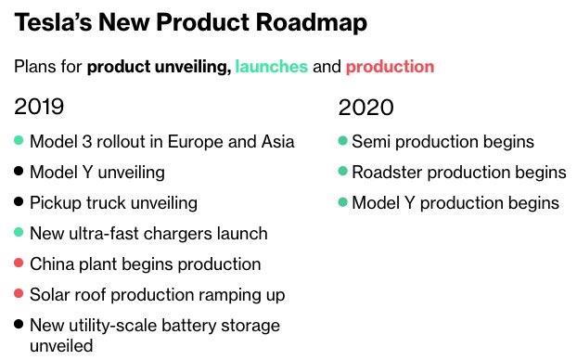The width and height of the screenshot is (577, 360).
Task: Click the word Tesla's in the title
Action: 53,22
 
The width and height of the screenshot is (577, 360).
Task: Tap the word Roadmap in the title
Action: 313,22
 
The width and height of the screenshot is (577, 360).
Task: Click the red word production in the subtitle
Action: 390,67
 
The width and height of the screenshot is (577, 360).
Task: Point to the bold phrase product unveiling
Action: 159,67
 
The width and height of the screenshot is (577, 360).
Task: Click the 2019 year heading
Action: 39,107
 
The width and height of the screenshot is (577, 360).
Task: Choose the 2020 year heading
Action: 365,107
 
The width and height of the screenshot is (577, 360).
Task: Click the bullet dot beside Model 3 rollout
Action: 19,141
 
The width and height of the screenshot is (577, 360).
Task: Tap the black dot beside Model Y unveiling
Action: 19,172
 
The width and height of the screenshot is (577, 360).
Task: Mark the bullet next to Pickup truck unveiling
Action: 19,202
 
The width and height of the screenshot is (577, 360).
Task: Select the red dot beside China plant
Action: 19,264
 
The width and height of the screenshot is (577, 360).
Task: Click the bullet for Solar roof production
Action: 19,294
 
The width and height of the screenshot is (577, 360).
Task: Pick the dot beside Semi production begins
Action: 343,141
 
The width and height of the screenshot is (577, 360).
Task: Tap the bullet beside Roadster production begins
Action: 343,172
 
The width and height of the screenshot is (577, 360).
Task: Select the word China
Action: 52,264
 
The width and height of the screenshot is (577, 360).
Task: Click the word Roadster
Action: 385,172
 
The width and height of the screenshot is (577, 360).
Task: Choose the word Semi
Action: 368,142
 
